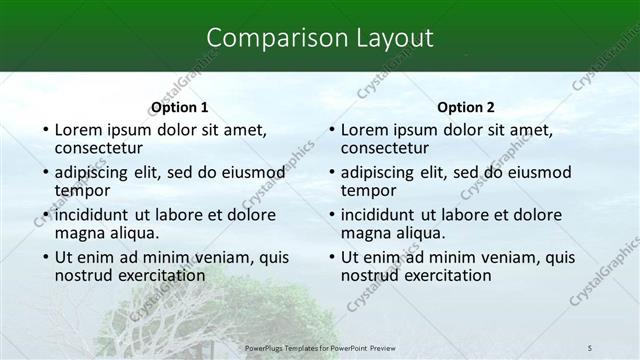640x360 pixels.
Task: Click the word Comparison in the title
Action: click(x=265, y=38)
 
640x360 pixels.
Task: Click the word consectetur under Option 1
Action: click(x=100, y=148)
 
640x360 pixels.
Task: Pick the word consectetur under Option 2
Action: click(x=386, y=148)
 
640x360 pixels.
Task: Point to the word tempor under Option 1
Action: click(x=82, y=190)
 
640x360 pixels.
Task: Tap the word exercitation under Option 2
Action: click(x=444, y=275)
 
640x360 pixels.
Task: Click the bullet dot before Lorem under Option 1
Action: click(x=44, y=130)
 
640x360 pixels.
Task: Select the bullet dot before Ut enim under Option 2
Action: click(x=331, y=257)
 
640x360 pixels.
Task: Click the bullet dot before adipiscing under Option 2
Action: click(x=331, y=172)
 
